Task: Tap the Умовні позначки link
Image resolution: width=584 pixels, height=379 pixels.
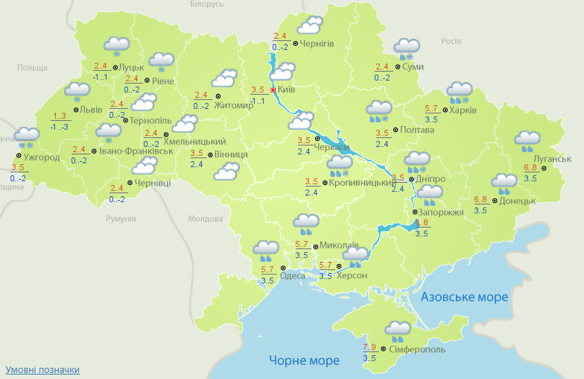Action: (42, 370)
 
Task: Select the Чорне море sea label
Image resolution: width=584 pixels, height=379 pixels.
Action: (304, 360)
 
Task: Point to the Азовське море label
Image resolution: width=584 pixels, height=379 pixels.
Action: (464, 297)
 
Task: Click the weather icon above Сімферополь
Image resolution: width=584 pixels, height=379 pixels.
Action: (398, 329)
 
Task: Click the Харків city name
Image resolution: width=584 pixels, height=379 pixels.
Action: (463, 111)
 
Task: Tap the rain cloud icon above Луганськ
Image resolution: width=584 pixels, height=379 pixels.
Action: (527, 140)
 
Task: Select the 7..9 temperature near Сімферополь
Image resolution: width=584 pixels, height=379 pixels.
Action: (369, 348)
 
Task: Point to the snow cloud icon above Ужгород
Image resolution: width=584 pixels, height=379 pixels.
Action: (28, 137)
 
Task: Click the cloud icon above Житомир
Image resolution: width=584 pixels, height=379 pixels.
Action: (223, 78)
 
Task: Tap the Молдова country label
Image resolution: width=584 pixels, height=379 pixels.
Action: (205, 219)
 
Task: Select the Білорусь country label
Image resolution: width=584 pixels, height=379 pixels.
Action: (206, 4)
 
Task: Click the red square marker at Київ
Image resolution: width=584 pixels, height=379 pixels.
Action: (273, 90)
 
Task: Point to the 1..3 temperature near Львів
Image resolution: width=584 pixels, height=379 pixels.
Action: (60, 116)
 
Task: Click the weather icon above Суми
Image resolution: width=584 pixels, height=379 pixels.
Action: (407, 48)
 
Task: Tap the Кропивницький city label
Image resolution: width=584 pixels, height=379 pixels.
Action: (362, 183)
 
